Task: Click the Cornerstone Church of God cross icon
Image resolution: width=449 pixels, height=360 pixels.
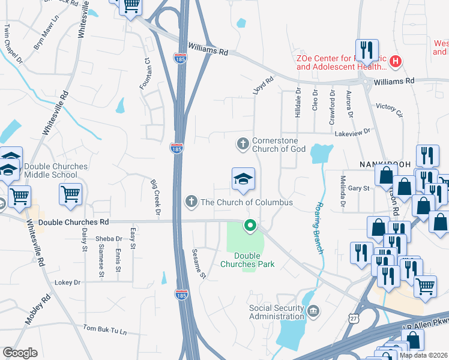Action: click(243, 143)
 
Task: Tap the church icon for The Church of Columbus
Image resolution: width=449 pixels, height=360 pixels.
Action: click(191, 202)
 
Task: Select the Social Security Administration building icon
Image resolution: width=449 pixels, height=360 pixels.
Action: click(313, 310)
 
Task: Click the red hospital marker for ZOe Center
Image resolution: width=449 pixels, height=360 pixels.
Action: click(396, 61)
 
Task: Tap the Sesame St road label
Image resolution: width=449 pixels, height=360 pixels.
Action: click(199, 265)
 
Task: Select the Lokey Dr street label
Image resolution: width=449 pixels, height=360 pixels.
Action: click(67, 282)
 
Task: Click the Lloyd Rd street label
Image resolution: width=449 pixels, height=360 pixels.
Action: click(263, 85)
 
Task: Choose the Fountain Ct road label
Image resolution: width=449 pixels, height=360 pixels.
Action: click(145, 74)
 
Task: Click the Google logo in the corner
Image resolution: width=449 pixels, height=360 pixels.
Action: click(20, 353)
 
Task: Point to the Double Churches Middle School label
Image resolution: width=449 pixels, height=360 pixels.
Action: click(52, 170)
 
